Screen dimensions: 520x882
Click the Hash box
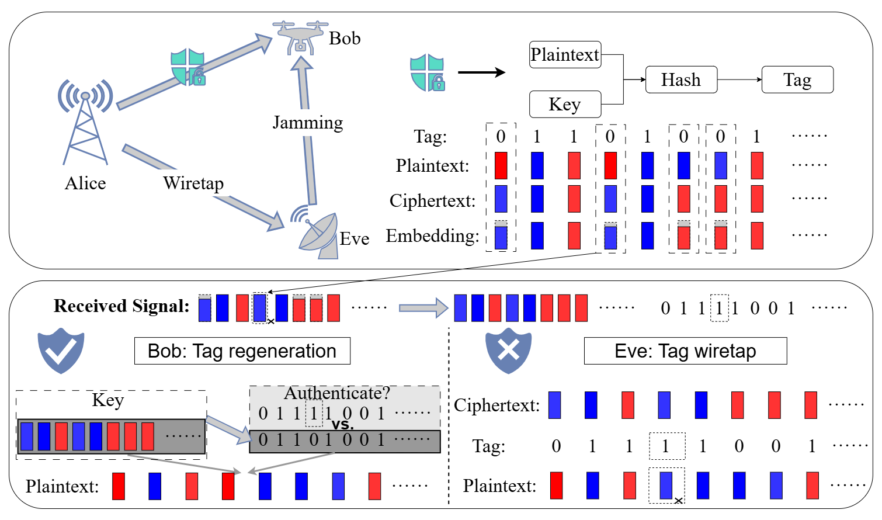click(x=681, y=80)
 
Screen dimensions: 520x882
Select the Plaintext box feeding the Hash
click(x=565, y=55)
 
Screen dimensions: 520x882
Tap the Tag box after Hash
click(x=797, y=80)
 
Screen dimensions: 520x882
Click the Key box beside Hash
click(x=565, y=105)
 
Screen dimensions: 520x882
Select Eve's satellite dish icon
click(x=317, y=234)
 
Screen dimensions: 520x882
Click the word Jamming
click(x=308, y=123)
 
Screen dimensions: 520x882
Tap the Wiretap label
click(x=193, y=183)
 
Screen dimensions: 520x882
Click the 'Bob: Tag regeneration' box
click(x=242, y=351)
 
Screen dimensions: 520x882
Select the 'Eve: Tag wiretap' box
click(x=685, y=351)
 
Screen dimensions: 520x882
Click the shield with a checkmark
click(x=61, y=351)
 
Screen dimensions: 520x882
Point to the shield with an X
click(x=508, y=351)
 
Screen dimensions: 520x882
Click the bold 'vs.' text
click(x=342, y=424)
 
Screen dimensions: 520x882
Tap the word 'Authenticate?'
click(x=336, y=393)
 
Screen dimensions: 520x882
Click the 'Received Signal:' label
click(x=121, y=306)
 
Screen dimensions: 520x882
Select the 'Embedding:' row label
click(x=432, y=236)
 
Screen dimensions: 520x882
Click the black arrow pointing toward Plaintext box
click(x=481, y=72)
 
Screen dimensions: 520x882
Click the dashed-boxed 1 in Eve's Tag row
click(x=666, y=446)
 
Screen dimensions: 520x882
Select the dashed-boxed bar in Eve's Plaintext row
click(x=666, y=486)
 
